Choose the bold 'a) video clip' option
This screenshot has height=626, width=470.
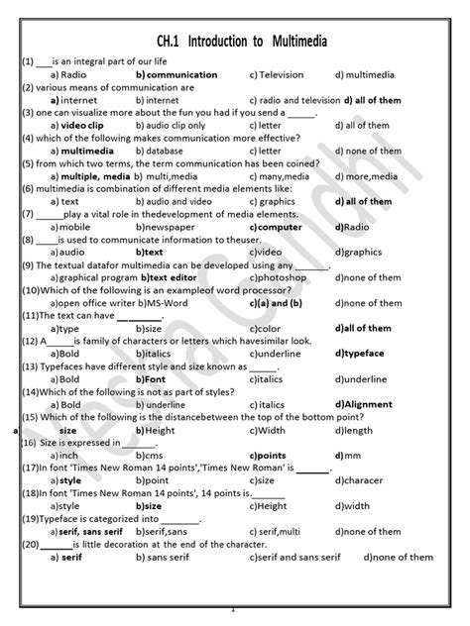point(79,126)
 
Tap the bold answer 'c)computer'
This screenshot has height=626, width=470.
point(276,227)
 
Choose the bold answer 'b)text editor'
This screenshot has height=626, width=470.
point(170,277)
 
